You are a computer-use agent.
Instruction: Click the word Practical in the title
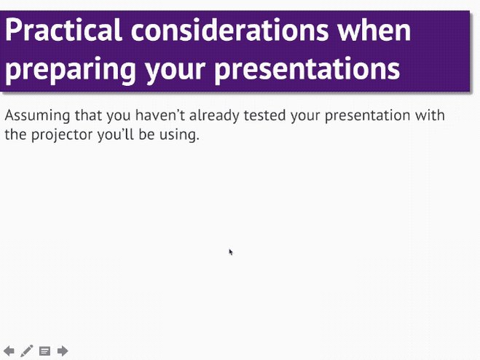(64, 30)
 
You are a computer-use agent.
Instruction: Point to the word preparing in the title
(71, 69)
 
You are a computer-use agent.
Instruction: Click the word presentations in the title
(307, 69)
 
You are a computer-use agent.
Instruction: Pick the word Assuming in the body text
(38, 116)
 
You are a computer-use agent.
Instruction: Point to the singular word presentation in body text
(367, 116)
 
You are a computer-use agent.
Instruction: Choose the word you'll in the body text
(115, 135)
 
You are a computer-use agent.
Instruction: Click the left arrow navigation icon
(9, 351)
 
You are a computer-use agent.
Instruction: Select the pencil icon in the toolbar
(27, 351)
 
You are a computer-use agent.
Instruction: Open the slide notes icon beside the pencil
(44, 351)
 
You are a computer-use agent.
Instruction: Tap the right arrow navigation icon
(63, 351)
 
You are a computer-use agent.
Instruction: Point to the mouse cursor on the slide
(230, 252)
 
